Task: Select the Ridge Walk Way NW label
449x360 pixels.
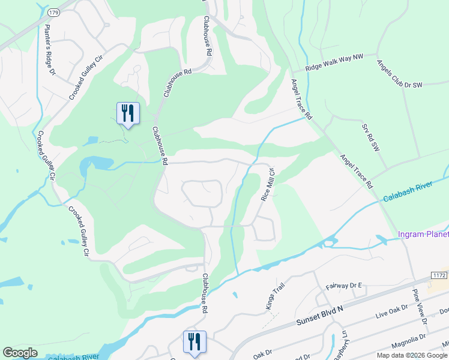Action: click(335, 63)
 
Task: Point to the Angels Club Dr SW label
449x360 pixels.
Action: click(399, 74)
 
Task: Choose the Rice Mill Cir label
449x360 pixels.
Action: click(268, 184)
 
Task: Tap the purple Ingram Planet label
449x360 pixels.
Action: click(423, 233)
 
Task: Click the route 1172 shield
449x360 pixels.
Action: click(438, 274)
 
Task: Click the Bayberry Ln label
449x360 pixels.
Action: click(346, 347)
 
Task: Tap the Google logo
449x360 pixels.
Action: click(20, 353)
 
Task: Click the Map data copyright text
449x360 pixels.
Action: click(412, 355)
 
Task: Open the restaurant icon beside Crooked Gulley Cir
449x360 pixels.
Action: click(128, 112)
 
